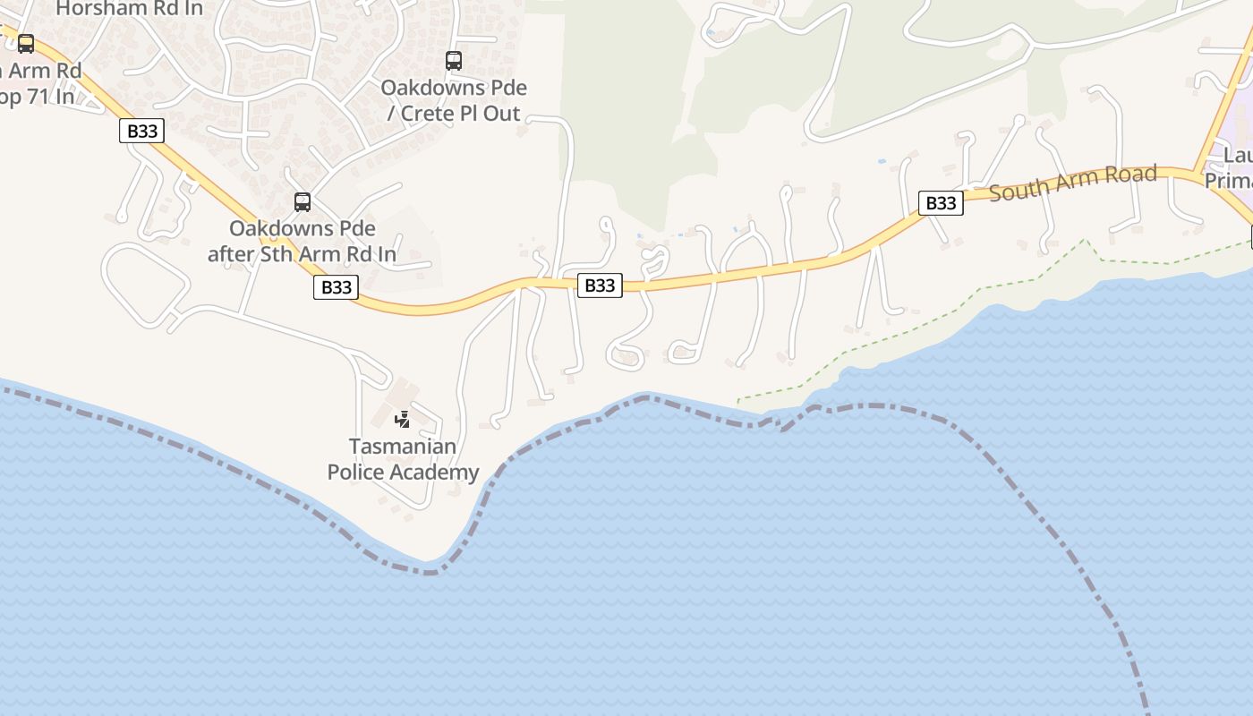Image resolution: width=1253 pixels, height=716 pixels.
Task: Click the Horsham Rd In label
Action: click(x=130, y=9)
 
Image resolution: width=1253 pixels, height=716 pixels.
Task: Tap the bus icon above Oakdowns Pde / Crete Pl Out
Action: click(x=454, y=61)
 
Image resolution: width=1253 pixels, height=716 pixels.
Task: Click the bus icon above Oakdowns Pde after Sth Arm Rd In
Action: click(x=303, y=202)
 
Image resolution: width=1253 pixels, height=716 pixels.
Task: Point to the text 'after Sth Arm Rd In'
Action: click(x=302, y=254)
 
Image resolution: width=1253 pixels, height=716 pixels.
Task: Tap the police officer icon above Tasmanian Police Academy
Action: click(x=403, y=419)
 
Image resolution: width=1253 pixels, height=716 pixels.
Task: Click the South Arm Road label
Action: click(x=1072, y=182)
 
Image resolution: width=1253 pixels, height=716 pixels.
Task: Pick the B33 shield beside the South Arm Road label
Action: click(x=941, y=203)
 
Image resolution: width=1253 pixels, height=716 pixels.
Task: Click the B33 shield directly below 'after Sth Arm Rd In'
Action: click(x=336, y=286)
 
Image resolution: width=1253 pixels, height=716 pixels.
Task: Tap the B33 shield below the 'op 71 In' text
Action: click(x=141, y=131)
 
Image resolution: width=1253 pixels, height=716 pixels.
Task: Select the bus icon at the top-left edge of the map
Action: click(x=26, y=43)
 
